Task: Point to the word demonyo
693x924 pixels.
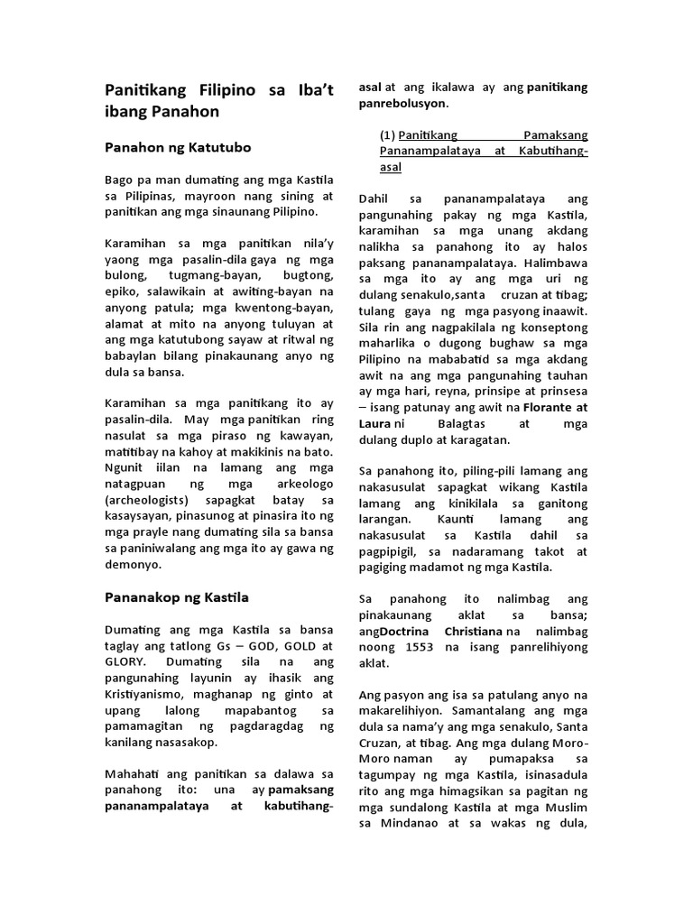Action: point(133,565)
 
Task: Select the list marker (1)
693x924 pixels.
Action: point(387,134)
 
